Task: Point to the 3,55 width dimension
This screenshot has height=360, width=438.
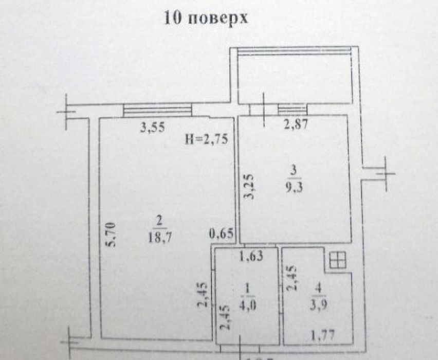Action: point(152,129)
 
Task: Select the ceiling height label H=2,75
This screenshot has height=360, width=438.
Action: point(206,139)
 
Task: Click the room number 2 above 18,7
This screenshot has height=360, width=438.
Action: point(159,221)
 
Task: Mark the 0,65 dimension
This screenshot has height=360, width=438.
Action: point(222,235)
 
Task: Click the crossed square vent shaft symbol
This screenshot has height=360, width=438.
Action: point(337,260)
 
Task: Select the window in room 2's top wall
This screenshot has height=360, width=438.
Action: point(157,110)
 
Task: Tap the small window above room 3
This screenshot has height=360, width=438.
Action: point(292,110)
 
